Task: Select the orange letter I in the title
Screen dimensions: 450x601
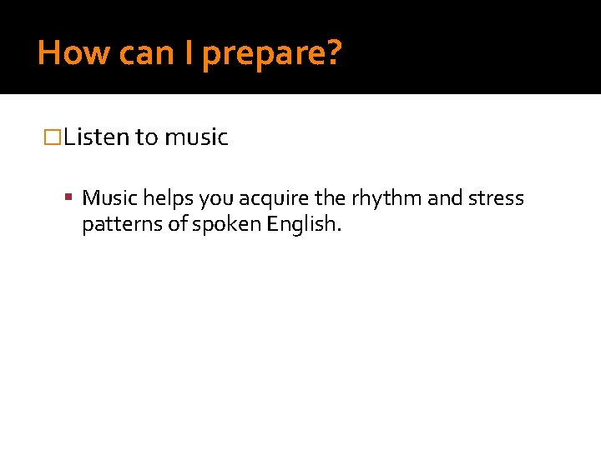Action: pyautogui.click(x=189, y=53)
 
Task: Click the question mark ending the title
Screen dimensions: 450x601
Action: pyautogui.click(x=333, y=53)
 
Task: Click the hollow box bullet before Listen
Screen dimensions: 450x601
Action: pyautogui.click(x=53, y=137)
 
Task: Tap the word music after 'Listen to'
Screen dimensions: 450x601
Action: pyautogui.click(x=196, y=137)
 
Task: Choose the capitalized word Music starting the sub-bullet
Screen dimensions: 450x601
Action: pyautogui.click(x=110, y=198)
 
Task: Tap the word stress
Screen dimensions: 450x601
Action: pyautogui.click(x=496, y=198)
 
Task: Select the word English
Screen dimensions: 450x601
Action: pyautogui.click(x=306, y=226)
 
